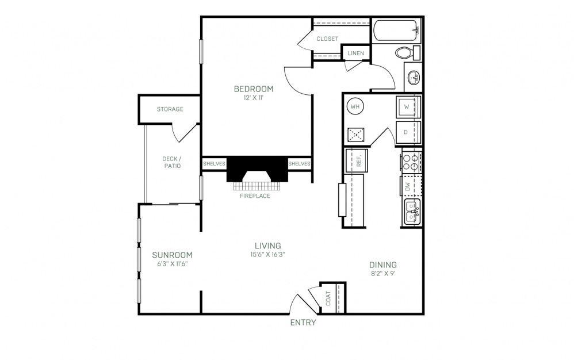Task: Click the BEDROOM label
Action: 254,89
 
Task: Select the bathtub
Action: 397,30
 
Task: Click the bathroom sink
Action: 414,78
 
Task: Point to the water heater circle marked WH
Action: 355,107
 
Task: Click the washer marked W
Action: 408,107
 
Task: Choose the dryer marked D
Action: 408,132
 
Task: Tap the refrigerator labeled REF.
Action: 357,160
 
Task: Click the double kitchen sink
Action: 413,212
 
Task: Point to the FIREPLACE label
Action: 255,196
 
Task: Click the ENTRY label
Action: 303,322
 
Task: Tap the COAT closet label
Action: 328,298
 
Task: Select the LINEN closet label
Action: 356,53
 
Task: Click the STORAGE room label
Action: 170,109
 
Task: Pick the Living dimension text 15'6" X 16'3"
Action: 265,255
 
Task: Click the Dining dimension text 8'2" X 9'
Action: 383,273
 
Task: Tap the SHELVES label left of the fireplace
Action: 214,163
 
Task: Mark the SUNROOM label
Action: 173,255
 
